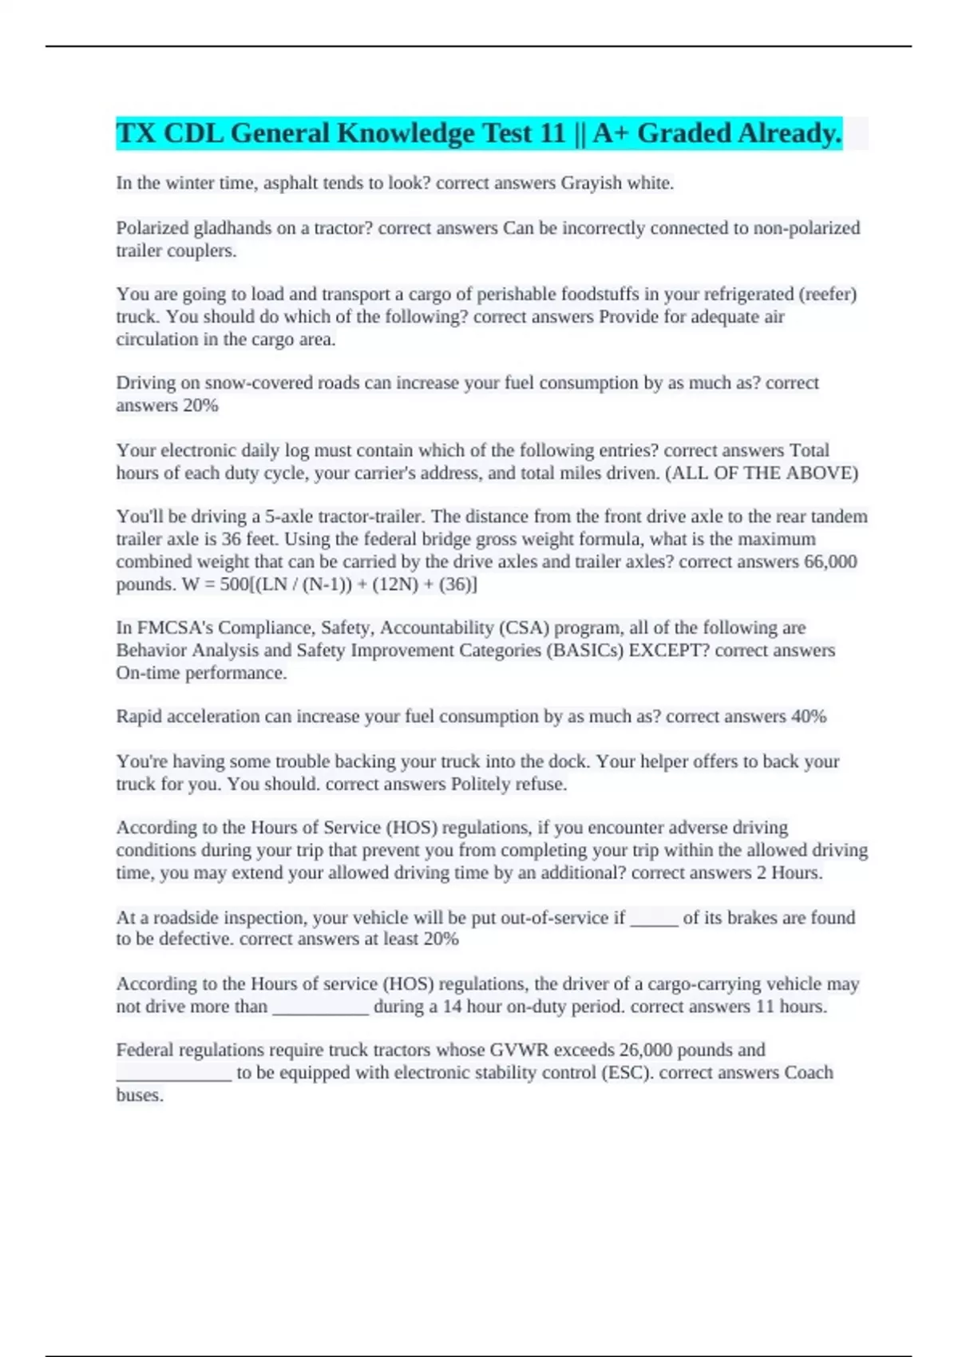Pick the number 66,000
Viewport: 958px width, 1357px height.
830,562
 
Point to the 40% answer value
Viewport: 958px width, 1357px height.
808,717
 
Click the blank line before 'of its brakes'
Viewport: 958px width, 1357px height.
654,919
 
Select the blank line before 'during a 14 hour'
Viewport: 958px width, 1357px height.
321,1007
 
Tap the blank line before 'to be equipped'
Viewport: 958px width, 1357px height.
174,1074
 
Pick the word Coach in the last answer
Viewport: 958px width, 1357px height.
808,1073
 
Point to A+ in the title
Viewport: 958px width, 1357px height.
610,133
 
